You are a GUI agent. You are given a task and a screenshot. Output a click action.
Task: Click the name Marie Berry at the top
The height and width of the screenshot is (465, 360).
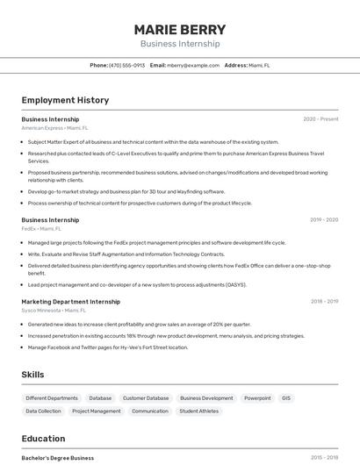(x=180, y=29)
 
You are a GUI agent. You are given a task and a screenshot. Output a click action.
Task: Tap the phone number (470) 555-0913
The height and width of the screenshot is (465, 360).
(x=126, y=65)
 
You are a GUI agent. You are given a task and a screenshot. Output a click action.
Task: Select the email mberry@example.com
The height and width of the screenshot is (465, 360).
(x=192, y=65)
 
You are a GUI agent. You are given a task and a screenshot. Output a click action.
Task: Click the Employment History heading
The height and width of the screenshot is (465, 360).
(x=65, y=100)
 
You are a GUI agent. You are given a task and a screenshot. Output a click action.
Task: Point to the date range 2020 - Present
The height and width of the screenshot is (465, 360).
(x=320, y=118)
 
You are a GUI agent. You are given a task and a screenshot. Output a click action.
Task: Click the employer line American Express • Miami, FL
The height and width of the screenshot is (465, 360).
(x=54, y=127)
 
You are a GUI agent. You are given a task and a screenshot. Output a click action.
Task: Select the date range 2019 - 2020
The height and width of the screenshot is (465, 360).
(x=324, y=220)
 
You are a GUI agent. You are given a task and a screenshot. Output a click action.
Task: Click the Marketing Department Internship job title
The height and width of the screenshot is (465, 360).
(x=71, y=301)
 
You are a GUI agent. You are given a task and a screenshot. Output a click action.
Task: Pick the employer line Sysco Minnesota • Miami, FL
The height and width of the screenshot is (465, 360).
(x=54, y=310)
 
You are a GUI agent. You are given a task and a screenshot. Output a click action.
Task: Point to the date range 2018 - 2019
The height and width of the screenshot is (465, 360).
(x=324, y=301)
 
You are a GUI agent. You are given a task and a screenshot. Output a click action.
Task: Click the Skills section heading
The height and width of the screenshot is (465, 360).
(x=32, y=375)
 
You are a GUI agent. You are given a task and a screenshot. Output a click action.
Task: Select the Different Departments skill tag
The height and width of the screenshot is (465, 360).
(x=52, y=397)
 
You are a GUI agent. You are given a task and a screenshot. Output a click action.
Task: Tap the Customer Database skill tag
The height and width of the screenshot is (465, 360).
(x=146, y=397)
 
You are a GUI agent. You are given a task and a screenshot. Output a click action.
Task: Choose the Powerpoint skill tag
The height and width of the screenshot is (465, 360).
(x=257, y=397)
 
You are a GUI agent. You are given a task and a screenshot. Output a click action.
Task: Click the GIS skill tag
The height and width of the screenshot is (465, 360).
(x=285, y=397)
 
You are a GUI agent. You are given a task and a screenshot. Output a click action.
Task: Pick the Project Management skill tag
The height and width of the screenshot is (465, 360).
(x=97, y=411)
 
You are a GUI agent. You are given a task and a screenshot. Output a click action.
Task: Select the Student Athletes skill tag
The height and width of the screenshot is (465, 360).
(x=199, y=411)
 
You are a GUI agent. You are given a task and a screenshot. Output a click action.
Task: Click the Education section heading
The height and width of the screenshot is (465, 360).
(x=43, y=439)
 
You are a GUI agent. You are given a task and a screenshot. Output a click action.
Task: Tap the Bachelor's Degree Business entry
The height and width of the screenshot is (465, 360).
(x=58, y=458)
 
